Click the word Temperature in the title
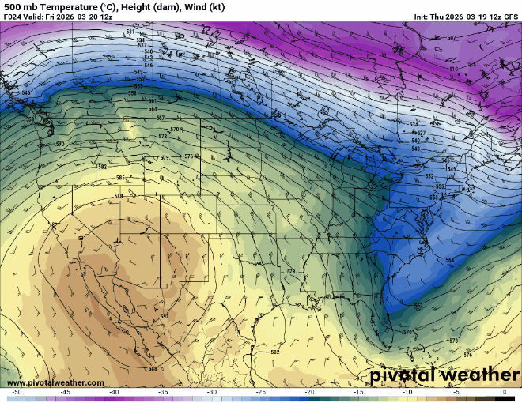[59, 6]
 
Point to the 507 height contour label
[451, 38]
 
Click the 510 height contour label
[454, 70]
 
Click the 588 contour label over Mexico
[153, 368]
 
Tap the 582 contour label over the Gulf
[275, 352]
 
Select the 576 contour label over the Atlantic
[467, 354]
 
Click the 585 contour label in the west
[121, 178]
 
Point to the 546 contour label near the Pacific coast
[26, 93]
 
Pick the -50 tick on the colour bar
[17, 392]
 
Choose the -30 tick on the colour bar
[212, 392]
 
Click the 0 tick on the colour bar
[505, 392]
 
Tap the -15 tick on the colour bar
[358, 392]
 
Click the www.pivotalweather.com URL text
[54, 383]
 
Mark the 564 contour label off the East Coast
[449, 260]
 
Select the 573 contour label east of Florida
[453, 341]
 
